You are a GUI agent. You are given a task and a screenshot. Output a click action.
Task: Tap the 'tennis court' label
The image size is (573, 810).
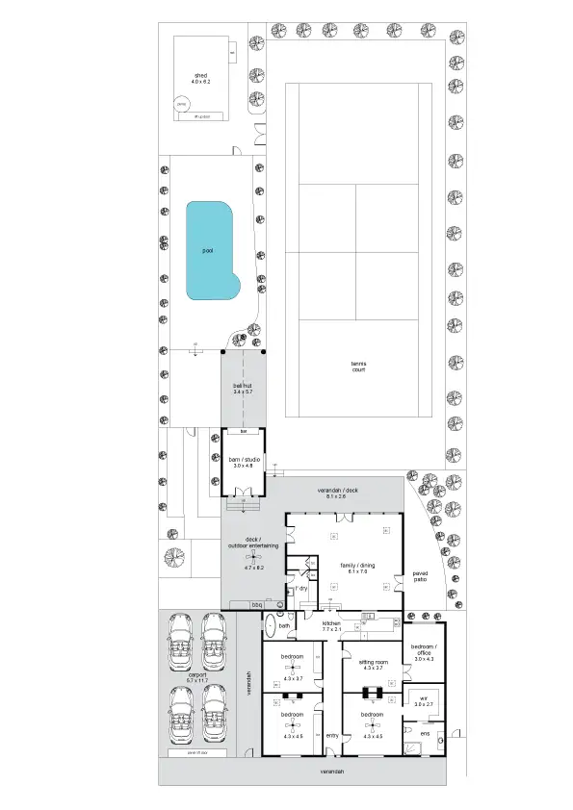click(x=358, y=366)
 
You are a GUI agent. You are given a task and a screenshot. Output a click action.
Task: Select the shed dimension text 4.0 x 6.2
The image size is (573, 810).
click(x=200, y=83)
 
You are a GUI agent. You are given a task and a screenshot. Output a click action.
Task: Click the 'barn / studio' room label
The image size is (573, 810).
click(x=242, y=461)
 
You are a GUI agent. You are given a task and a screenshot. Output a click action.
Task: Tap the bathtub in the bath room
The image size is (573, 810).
click(x=270, y=624)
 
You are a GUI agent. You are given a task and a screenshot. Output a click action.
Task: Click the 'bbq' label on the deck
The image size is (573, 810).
click(x=256, y=605)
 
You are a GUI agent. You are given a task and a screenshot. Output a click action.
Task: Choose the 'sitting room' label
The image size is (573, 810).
click(x=372, y=663)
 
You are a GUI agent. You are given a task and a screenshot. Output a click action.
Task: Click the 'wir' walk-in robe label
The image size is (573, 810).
click(x=423, y=698)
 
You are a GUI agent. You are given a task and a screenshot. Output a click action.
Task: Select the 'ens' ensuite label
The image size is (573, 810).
click(x=425, y=733)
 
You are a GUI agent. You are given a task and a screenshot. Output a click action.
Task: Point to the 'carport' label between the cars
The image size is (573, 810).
click(x=196, y=677)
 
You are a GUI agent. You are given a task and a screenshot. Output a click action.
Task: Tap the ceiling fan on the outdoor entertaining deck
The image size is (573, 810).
click(x=252, y=558)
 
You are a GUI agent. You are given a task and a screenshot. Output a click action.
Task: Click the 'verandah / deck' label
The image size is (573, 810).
click(x=344, y=492)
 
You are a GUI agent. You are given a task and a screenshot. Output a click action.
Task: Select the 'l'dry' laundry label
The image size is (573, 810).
click(x=300, y=587)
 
